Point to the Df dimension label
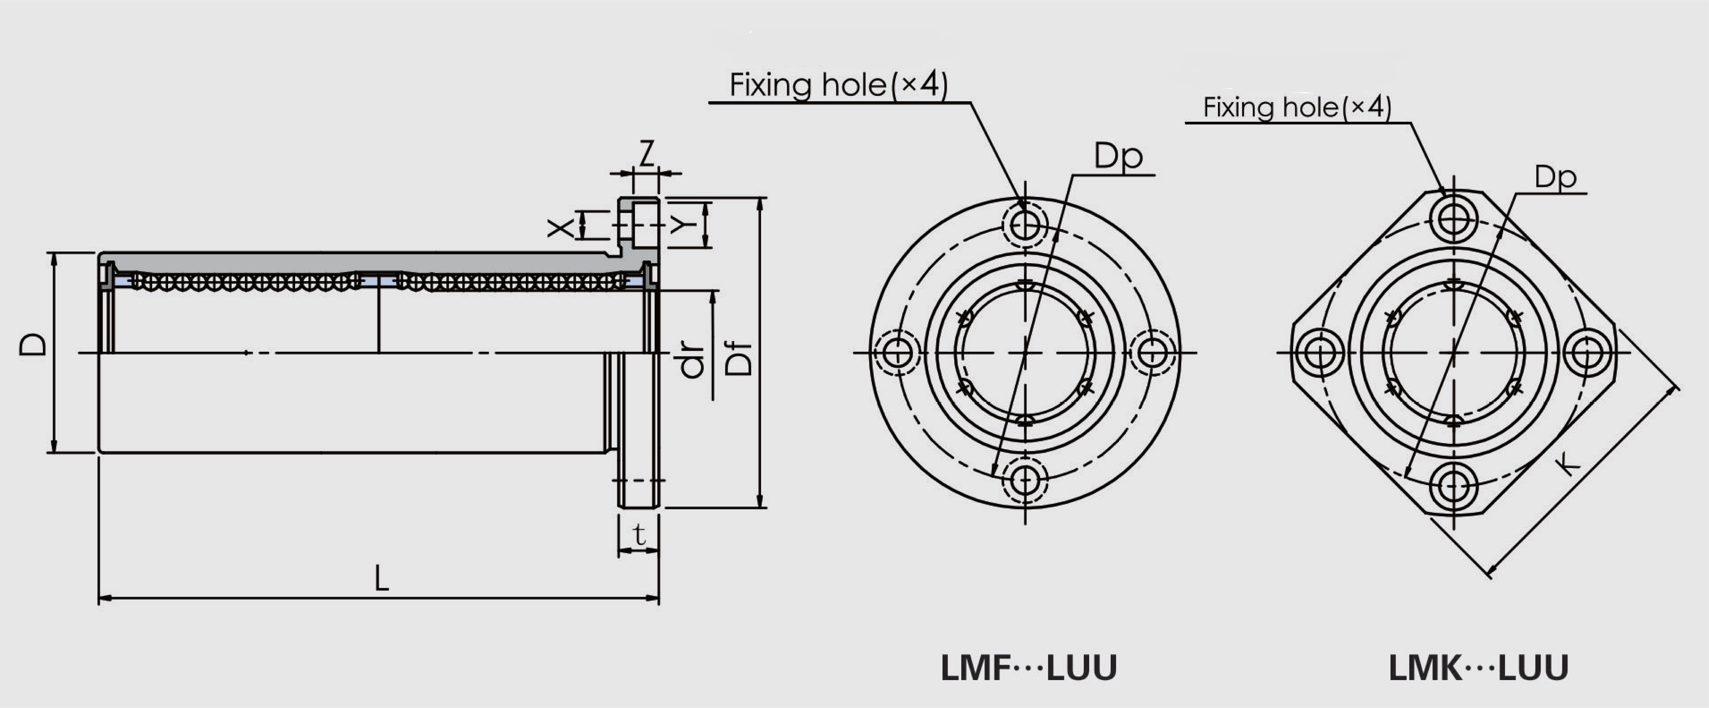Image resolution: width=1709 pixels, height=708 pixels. [738, 359]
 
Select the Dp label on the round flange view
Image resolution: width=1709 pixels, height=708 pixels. [1118, 157]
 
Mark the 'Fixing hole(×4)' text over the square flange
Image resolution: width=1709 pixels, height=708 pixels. [1297, 108]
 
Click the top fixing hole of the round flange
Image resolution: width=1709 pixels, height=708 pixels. [1025, 225]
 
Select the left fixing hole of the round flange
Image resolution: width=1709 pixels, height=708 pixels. [897, 352]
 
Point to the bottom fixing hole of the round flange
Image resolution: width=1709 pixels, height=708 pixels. [1025, 480]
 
